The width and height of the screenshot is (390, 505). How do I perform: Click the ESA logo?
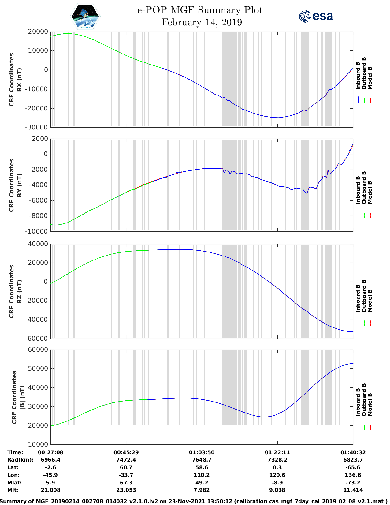point(316,16)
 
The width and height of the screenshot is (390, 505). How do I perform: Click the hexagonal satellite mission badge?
point(85,16)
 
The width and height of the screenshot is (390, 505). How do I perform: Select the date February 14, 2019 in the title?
point(202,22)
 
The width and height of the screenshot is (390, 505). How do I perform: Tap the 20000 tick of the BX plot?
point(38,32)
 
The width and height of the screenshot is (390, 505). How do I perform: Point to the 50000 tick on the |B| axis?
point(38,368)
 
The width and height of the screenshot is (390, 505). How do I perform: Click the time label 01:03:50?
point(202,452)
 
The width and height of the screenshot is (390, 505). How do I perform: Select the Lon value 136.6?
point(353,475)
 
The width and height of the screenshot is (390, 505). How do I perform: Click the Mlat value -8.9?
point(277,483)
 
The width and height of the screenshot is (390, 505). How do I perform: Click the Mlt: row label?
point(13,490)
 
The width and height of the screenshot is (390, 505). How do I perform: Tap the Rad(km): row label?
point(20,460)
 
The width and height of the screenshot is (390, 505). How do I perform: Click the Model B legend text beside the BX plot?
point(370,78)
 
